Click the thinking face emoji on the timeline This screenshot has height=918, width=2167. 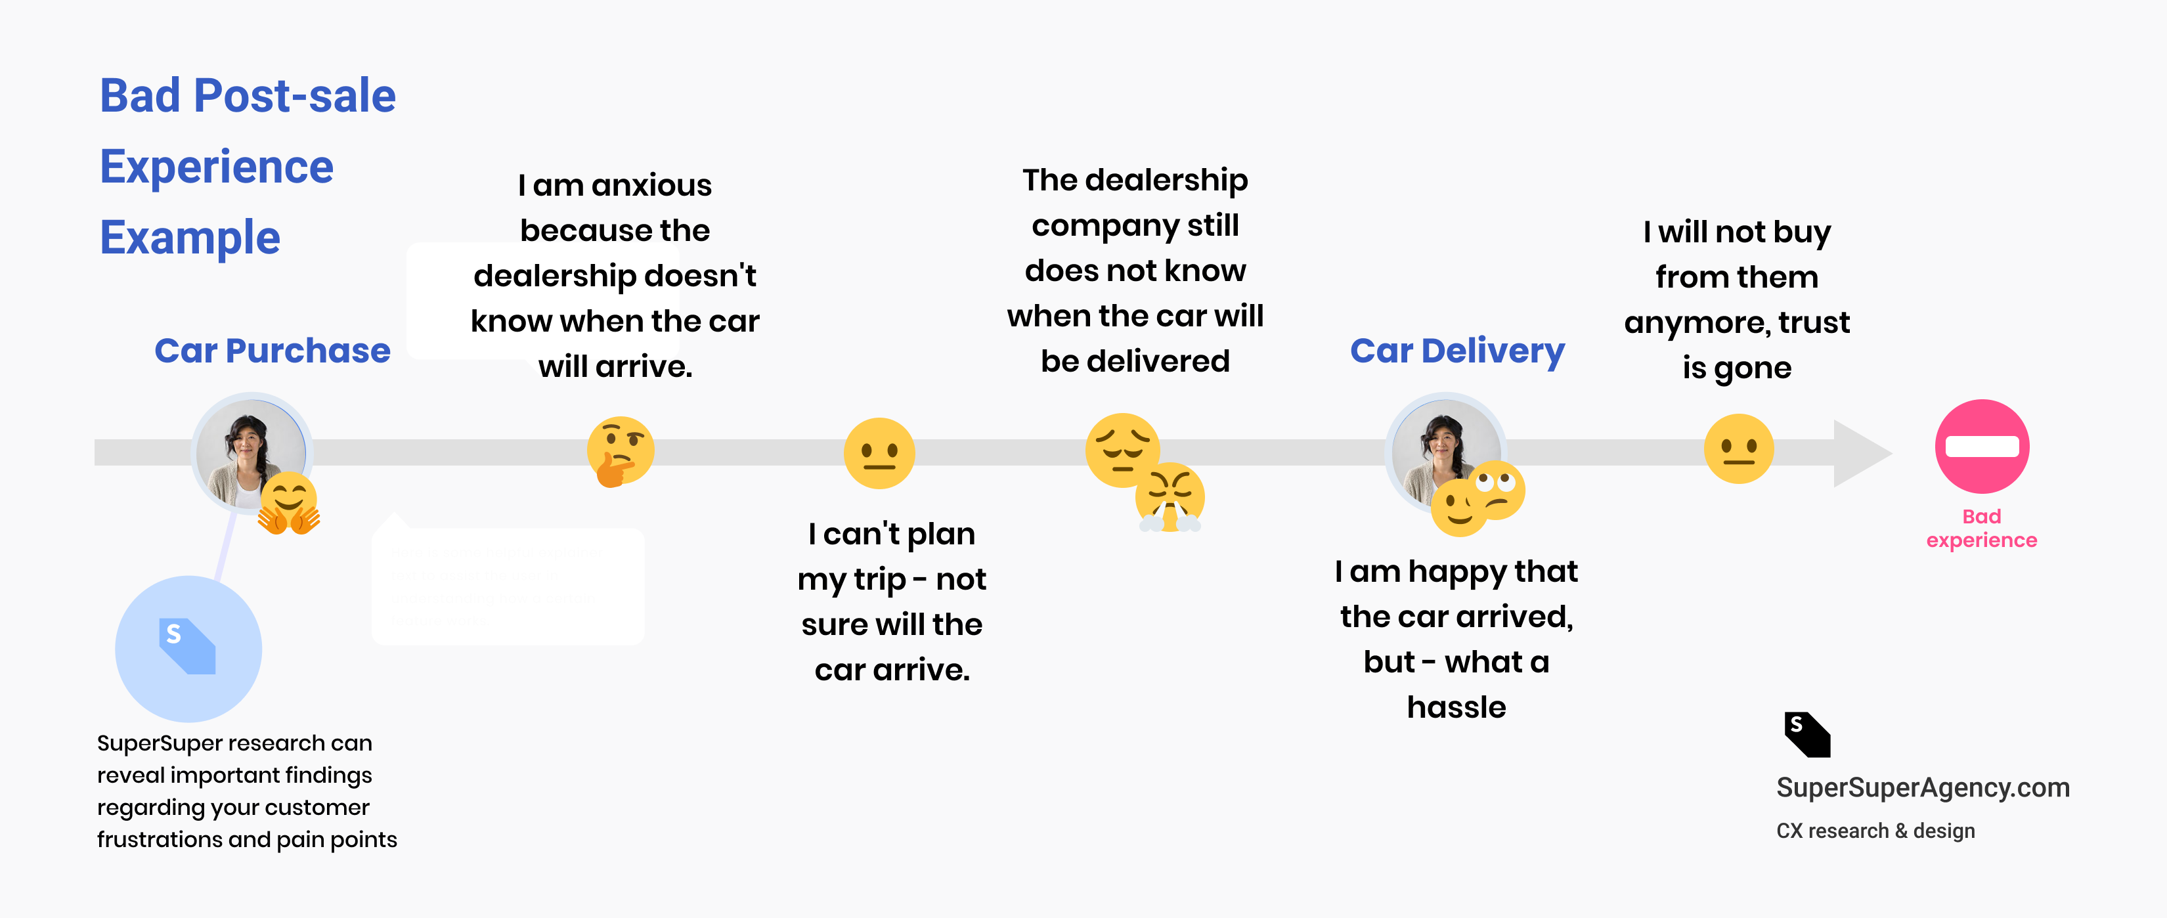pyautogui.click(x=620, y=451)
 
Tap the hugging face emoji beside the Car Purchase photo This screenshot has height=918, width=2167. pyautogui.click(x=288, y=502)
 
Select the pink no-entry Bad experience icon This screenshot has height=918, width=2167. pyautogui.click(x=1981, y=446)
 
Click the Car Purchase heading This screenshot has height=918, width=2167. pyautogui.click(x=272, y=350)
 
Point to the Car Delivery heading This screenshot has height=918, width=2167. pyautogui.click(x=1456, y=350)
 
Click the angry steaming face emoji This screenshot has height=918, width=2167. pyautogui.click(x=1170, y=496)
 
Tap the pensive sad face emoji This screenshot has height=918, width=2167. pyautogui.click(x=1122, y=449)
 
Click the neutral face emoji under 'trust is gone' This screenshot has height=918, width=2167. pyautogui.click(x=1738, y=448)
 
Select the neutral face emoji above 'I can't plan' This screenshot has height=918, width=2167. pyautogui.click(x=879, y=452)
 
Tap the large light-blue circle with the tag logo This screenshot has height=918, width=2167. pyautogui.click(x=188, y=648)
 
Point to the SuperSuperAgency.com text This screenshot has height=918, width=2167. pyautogui.click(x=1922, y=787)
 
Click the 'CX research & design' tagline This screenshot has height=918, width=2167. pyautogui.click(x=1875, y=831)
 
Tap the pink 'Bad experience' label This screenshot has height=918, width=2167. pyautogui.click(x=1981, y=529)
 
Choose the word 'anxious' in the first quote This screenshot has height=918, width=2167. pyautogui.click(x=651, y=185)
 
